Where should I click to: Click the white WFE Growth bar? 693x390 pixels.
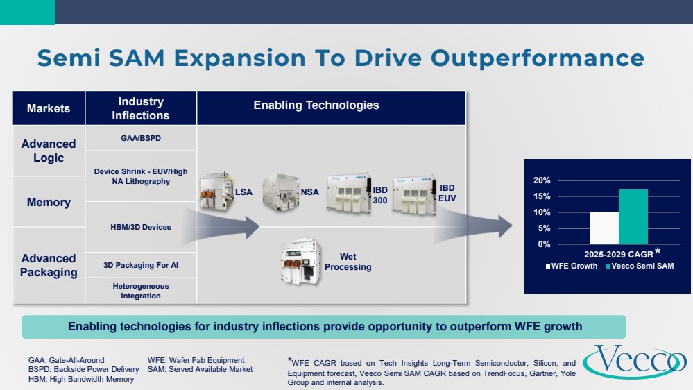[604, 228]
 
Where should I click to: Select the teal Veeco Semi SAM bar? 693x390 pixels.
[633, 217]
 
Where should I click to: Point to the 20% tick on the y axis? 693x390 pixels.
[542, 180]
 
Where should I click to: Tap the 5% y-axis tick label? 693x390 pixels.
[544, 228]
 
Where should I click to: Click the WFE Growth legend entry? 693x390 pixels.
[572, 266]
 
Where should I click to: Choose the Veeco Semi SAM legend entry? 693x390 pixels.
[640, 266]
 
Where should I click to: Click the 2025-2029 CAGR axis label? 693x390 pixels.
[618, 254]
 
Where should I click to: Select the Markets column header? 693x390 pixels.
[49, 108]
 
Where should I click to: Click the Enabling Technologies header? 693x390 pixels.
[316, 105]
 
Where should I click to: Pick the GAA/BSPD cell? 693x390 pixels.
[141, 138]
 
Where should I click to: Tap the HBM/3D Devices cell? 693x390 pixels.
[141, 228]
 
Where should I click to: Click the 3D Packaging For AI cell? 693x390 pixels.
[141, 265]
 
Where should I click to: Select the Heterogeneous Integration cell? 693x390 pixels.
[141, 291]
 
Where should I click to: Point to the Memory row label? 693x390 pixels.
[49, 202]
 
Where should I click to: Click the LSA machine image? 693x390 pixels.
[216, 192]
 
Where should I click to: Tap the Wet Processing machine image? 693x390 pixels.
[300, 262]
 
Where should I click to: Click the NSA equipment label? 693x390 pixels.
[310, 192]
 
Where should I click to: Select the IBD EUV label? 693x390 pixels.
[447, 193]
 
